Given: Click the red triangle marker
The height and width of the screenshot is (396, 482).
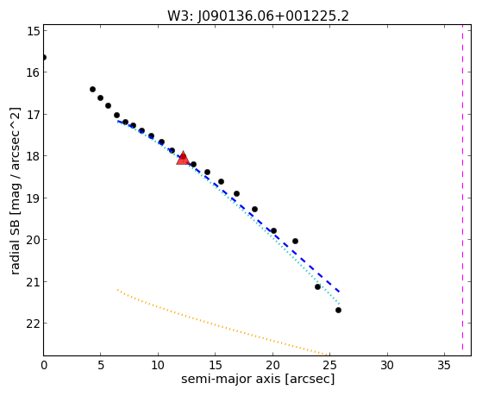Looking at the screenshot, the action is pyautogui.click(x=183, y=158).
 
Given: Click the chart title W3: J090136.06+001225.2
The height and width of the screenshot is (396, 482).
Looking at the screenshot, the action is pyautogui.click(x=258, y=16).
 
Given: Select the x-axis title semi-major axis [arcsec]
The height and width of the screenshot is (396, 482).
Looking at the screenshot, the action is pyautogui.click(x=258, y=379).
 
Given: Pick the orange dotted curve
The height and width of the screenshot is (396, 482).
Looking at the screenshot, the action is pyautogui.click(x=222, y=324).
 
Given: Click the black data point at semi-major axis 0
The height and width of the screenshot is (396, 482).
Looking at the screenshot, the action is pyautogui.click(x=44, y=57).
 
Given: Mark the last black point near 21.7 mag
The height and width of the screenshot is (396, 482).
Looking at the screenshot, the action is pyautogui.click(x=338, y=310).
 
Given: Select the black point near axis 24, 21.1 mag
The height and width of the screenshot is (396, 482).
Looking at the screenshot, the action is pyautogui.click(x=317, y=286).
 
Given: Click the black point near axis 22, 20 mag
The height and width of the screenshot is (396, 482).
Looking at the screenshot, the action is pyautogui.click(x=295, y=241).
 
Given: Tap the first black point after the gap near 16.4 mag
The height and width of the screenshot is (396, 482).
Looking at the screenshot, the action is pyautogui.click(x=92, y=89).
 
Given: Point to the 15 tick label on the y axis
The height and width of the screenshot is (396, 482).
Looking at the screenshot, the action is pyautogui.click(x=34, y=31).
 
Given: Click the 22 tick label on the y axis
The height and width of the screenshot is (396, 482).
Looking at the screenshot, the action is pyautogui.click(x=33, y=324).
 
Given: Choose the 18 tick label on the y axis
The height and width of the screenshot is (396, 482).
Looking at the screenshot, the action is pyautogui.click(x=33, y=156).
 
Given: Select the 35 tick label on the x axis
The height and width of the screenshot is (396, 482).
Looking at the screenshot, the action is pyautogui.click(x=444, y=365).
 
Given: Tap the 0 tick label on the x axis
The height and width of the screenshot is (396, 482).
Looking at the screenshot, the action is pyautogui.click(x=44, y=365).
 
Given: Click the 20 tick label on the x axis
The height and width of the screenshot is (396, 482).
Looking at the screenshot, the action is pyautogui.click(x=272, y=365).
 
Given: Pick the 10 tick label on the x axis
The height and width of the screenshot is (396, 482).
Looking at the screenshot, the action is pyautogui.click(x=158, y=365).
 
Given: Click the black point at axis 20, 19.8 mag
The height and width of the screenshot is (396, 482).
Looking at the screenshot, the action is pyautogui.click(x=273, y=230).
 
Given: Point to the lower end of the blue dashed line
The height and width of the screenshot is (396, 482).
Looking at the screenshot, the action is pyautogui.click(x=339, y=292).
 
